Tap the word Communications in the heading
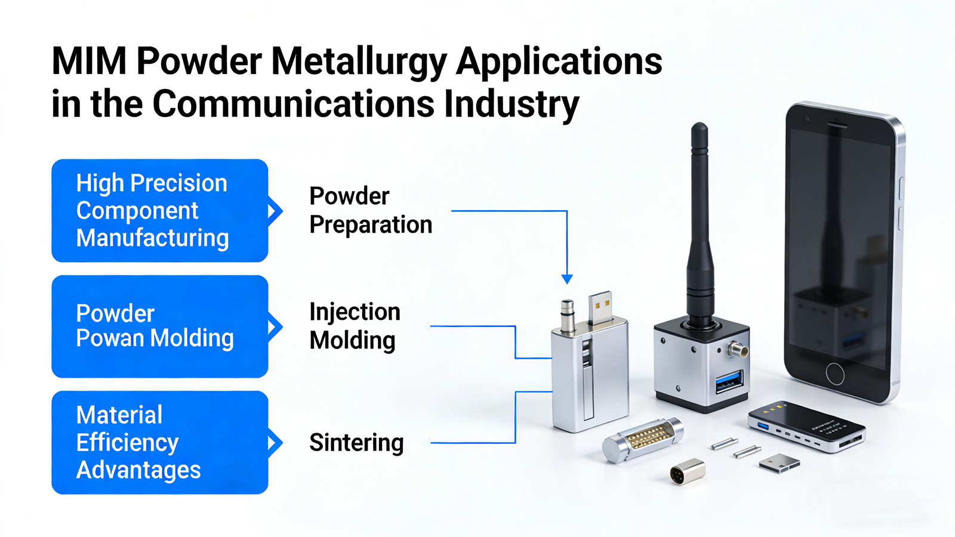[x=294, y=104]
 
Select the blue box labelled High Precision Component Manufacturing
[x=160, y=211]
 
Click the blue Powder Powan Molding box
[x=160, y=326]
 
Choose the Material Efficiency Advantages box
[x=160, y=442]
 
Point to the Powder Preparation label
[x=371, y=210]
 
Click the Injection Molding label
[x=355, y=326]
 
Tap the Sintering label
[x=356, y=442]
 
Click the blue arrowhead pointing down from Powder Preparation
[x=567, y=279]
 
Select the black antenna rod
[x=700, y=221]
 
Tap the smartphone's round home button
[x=835, y=374]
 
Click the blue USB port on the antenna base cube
[x=729, y=381]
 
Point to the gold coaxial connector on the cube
[x=738, y=350]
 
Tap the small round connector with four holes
[x=687, y=472]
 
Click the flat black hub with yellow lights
[x=806, y=427]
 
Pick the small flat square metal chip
[x=779, y=463]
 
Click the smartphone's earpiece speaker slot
[x=837, y=125]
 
